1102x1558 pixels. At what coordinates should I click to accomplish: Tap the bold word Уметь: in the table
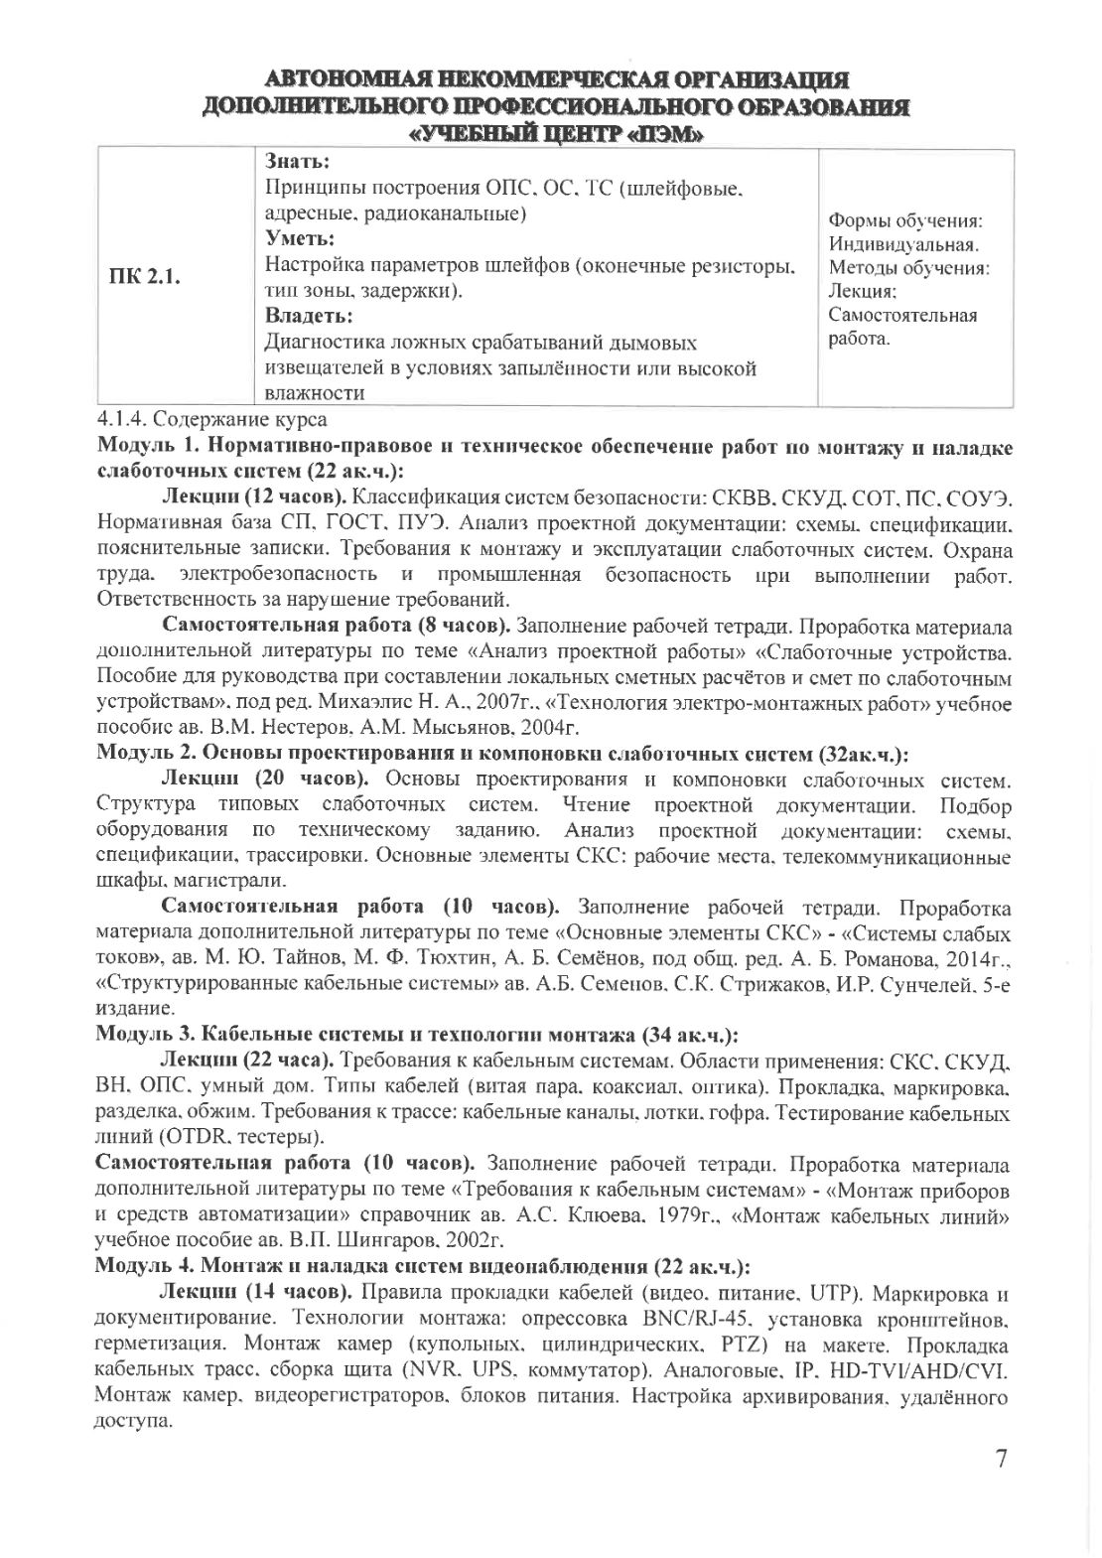click(x=300, y=239)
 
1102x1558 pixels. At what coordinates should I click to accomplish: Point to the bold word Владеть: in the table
click(x=309, y=317)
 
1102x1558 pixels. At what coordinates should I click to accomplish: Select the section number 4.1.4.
click(x=122, y=420)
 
